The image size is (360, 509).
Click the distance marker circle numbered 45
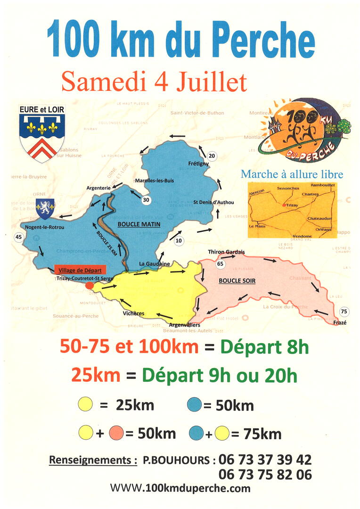pyautogui.click(x=19, y=237)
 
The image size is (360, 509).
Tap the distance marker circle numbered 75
pyautogui.click(x=344, y=311)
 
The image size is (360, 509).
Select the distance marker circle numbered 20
pyautogui.click(x=212, y=156)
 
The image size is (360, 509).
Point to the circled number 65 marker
pyautogui.click(x=220, y=264)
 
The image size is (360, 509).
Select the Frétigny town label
pyautogui.click(x=198, y=164)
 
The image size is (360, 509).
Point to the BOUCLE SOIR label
pyautogui.click(x=237, y=281)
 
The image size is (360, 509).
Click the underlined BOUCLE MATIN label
pyautogui.click(x=139, y=224)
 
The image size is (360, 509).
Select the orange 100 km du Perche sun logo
pyautogui.click(x=304, y=131)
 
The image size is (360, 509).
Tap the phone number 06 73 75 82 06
pyautogui.click(x=265, y=475)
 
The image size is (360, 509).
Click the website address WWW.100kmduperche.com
pyautogui.click(x=180, y=488)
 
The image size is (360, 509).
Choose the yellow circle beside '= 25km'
pyautogui.click(x=86, y=404)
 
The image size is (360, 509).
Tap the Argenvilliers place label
pyautogui.click(x=185, y=325)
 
